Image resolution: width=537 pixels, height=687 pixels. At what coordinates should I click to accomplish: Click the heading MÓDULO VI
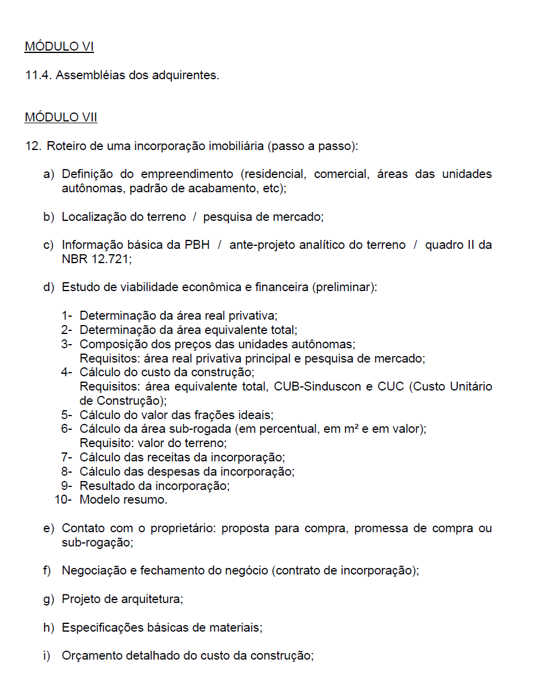pyautogui.click(x=59, y=46)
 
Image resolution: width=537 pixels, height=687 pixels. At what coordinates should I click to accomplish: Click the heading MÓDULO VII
pyautogui.click(x=61, y=117)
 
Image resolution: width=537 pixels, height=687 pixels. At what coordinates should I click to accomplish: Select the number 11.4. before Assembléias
pyautogui.click(x=37, y=76)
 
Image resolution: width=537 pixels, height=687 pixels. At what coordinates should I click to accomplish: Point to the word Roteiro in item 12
pyautogui.click(x=66, y=146)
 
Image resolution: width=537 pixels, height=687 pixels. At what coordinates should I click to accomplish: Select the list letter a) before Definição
pyautogui.click(x=48, y=174)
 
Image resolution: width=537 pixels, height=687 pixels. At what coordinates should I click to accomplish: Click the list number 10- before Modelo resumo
pyautogui.click(x=64, y=499)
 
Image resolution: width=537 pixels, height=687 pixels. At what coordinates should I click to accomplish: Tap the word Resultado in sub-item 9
pyautogui.click(x=104, y=485)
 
